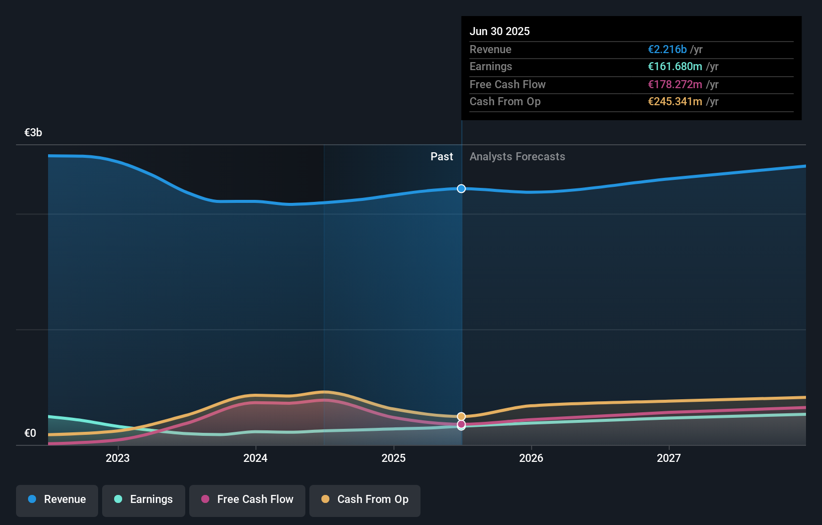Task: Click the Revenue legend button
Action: (x=57, y=499)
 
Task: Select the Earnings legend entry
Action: (x=144, y=499)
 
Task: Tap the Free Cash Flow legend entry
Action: (x=247, y=499)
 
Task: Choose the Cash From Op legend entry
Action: (x=365, y=499)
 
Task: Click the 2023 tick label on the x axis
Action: (x=118, y=458)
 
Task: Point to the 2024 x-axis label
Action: (x=255, y=458)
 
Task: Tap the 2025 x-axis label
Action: (x=393, y=458)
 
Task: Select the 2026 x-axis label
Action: (x=531, y=458)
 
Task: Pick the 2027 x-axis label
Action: (x=669, y=458)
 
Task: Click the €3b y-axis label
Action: (x=33, y=133)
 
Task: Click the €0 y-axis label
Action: (x=30, y=433)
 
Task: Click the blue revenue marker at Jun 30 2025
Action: (x=461, y=189)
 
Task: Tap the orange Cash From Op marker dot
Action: (x=461, y=416)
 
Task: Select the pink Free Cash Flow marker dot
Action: (x=461, y=424)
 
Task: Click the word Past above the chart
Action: (x=442, y=157)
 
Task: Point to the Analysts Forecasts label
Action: (x=517, y=157)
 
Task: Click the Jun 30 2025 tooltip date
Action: (x=500, y=31)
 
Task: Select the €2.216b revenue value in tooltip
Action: (x=667, y=50)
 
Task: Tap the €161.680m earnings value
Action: (x=675, y=67)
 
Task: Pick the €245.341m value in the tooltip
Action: (x=675, y=102)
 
